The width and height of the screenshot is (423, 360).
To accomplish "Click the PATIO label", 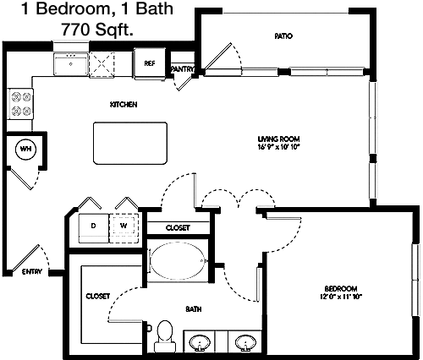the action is [x=283, y=36].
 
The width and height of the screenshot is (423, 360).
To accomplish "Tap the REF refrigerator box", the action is [x=150, y=63].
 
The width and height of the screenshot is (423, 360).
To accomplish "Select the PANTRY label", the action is [x=182, y=69].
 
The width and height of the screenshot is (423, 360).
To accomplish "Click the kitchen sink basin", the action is [x=70, y=64].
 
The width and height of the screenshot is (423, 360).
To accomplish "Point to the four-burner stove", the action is [x=20, y=104].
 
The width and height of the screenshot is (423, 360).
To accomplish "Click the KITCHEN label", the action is [x=124, y=105].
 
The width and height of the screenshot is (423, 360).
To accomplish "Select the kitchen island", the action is [x=130, y=143].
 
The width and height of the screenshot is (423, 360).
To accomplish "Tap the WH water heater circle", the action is [x=25, y=149].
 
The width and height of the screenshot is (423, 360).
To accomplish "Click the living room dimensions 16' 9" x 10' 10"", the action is [x=278, y=146].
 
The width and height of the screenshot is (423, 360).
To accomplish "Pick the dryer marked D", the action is [x=93, y=228].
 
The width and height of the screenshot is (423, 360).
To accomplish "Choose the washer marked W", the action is [x=124, y=228].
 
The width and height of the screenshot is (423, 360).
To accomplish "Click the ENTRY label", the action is [x=32, y=271].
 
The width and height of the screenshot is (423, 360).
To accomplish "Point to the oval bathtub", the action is [x=177, y=260].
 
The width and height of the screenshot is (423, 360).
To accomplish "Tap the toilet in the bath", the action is [x=165, y=336].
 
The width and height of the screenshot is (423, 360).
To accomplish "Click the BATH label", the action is [x=194, y=309].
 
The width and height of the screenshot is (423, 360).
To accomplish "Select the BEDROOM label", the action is [x=341, y=289].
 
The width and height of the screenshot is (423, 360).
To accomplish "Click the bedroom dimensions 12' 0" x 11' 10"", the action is [x=341, y=297].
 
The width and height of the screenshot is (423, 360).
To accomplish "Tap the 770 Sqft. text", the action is [x=97, y=29].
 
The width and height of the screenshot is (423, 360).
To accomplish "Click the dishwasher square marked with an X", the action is [x=102, y=64].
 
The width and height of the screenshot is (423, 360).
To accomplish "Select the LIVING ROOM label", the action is [x=278, y=139].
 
